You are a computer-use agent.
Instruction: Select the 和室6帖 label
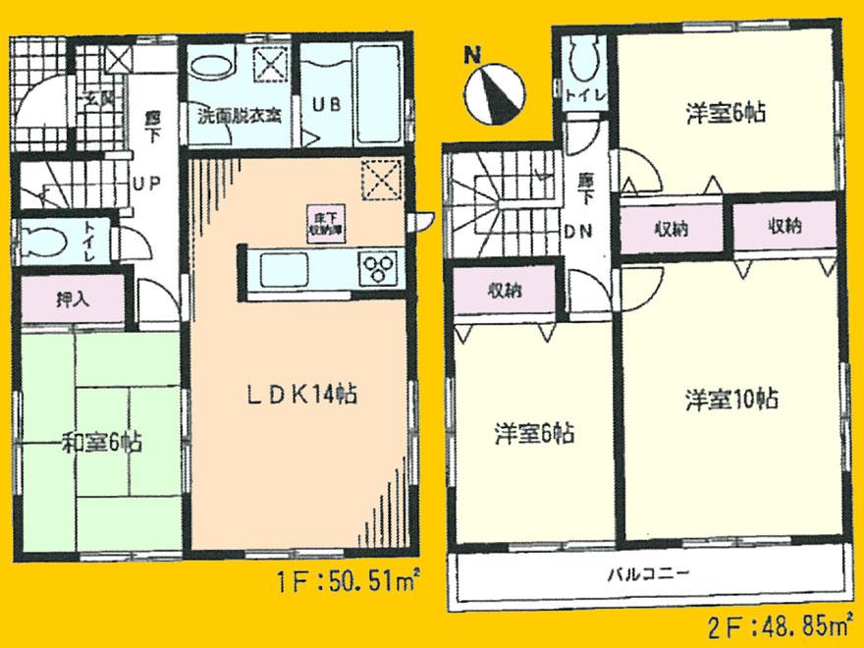click(x=102, y=443)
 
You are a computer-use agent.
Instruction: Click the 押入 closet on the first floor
click(x=73, y=300)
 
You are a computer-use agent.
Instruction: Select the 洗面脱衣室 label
click(x=240, y=114)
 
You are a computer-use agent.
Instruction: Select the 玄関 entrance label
click(x=97, y=98)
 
